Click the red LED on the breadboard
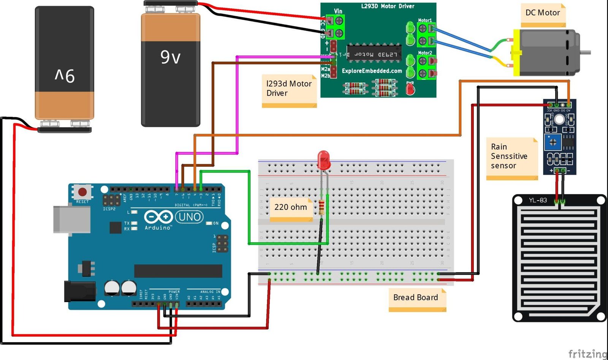(323, 159)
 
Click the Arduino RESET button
(82, 191)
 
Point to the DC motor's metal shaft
(586, 52)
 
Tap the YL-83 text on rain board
(538, 200)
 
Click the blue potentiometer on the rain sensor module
(553, 143)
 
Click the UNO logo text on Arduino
(190, 217)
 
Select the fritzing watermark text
(587, 354)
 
